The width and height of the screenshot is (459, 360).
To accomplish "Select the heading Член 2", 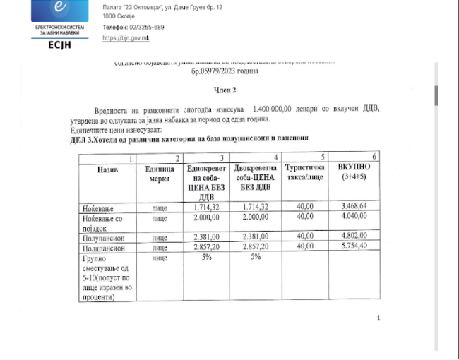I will point(225,91).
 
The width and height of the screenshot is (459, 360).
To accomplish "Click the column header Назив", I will point(107,170).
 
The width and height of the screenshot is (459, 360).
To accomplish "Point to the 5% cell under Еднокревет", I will point(206,258).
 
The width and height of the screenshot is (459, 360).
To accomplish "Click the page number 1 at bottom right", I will point(378,318).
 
